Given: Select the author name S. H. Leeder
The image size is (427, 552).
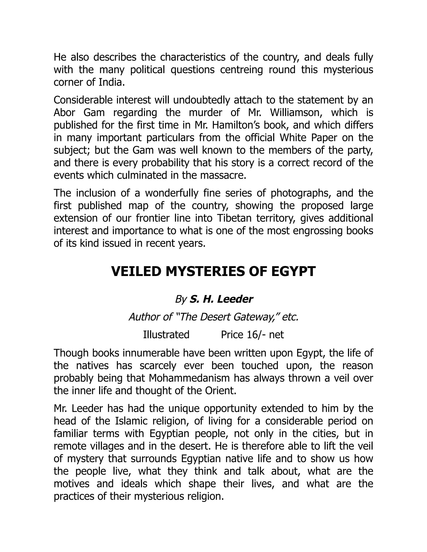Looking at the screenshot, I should pos(221,299).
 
